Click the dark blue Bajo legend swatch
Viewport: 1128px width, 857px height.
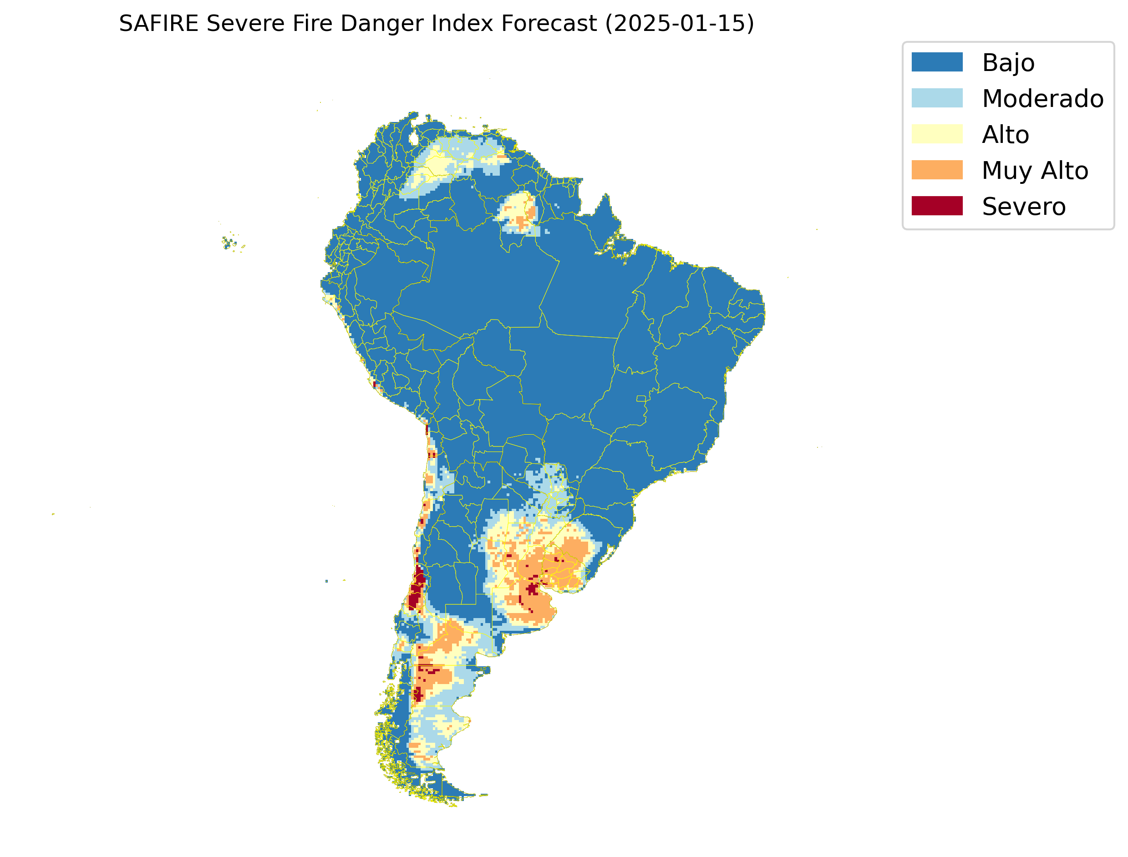point(937,62)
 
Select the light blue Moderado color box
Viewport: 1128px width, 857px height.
point(937,98)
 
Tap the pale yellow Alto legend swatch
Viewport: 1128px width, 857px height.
point(937,134)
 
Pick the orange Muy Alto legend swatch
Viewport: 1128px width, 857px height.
point(937,170)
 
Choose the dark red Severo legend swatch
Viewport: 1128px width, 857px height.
point(937,206)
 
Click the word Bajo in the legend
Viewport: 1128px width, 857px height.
point(1008,63)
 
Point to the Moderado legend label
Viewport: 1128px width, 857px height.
point(1042,98)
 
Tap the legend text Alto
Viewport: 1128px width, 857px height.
point(1005,135)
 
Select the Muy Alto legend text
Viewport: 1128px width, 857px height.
point(1035,170)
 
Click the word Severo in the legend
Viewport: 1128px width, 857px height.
point(1023,207)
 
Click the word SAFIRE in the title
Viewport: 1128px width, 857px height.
point(158,24)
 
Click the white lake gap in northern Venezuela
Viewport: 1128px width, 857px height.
point(413,138)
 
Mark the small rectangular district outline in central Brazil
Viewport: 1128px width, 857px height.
point(641,398)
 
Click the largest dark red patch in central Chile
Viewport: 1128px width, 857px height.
point(416,592)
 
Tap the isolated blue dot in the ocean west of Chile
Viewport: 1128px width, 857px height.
point(326,581)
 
